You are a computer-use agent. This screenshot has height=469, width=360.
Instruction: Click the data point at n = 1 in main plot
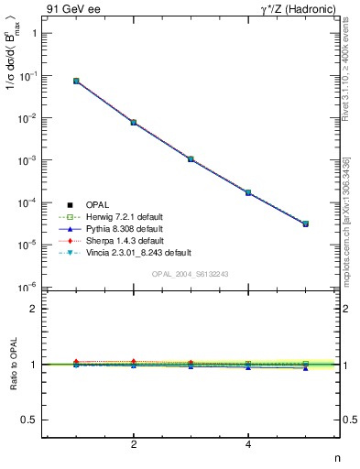(x=76, y=81)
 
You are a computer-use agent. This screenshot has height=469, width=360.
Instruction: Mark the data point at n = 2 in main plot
(x=134, y=122)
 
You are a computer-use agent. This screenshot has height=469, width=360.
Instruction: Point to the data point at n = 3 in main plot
(x=191, y=158)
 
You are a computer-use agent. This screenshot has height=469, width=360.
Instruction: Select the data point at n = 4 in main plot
(x=248, y=192)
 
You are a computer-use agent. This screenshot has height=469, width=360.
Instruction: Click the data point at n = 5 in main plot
(x=306, y=224)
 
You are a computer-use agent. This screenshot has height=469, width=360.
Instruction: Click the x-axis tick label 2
(x=134, y=444)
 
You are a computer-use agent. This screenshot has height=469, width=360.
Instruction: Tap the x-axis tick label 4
(x=248, y=444)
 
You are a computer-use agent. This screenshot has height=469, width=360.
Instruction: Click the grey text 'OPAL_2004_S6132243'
(x=190, y=274)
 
